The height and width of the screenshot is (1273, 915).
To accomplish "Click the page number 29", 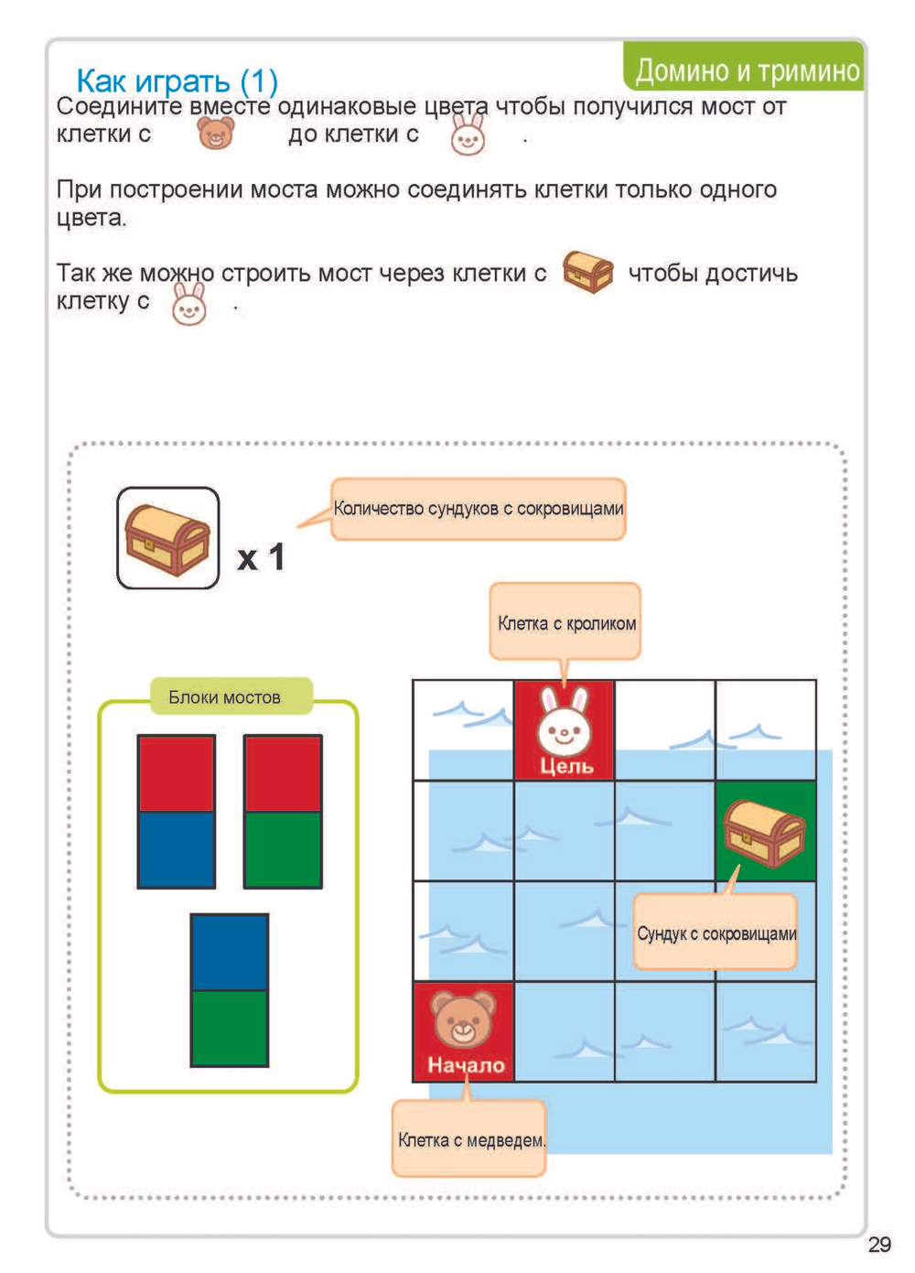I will tap(878, 1244).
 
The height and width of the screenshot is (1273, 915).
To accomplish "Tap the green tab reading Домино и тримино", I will tap(746, 70).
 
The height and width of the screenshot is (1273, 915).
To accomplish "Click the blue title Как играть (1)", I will tap(177, 81).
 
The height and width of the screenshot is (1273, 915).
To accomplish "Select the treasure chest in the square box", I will tap(167, 538).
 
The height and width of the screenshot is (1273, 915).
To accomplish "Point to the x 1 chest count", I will tap(261, 557).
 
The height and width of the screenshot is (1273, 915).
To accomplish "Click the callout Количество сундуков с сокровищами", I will tap(478, 509).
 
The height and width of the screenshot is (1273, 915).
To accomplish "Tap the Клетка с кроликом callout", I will tap(565, 622).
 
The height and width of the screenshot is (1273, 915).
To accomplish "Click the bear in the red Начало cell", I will tap(463, 1019).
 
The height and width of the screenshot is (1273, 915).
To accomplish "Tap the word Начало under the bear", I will tap(466, 1065).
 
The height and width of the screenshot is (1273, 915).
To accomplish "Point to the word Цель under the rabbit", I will tap(565, 766).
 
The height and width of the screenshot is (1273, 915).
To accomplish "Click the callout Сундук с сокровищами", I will tap(716, 933).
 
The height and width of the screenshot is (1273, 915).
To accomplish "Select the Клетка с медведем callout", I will tap(470, 1139).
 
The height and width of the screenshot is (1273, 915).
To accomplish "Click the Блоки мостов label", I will tap(224, 697).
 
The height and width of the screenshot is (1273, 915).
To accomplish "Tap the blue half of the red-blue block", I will tap(177, 849).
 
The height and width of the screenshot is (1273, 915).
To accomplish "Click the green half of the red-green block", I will tap(283, 849).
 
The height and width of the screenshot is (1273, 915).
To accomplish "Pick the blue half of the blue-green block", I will tap(230, 953).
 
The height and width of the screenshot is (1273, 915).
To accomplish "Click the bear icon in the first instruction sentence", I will tap(217, 134).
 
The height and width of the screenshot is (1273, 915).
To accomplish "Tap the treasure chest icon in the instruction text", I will tap(587, 271).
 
